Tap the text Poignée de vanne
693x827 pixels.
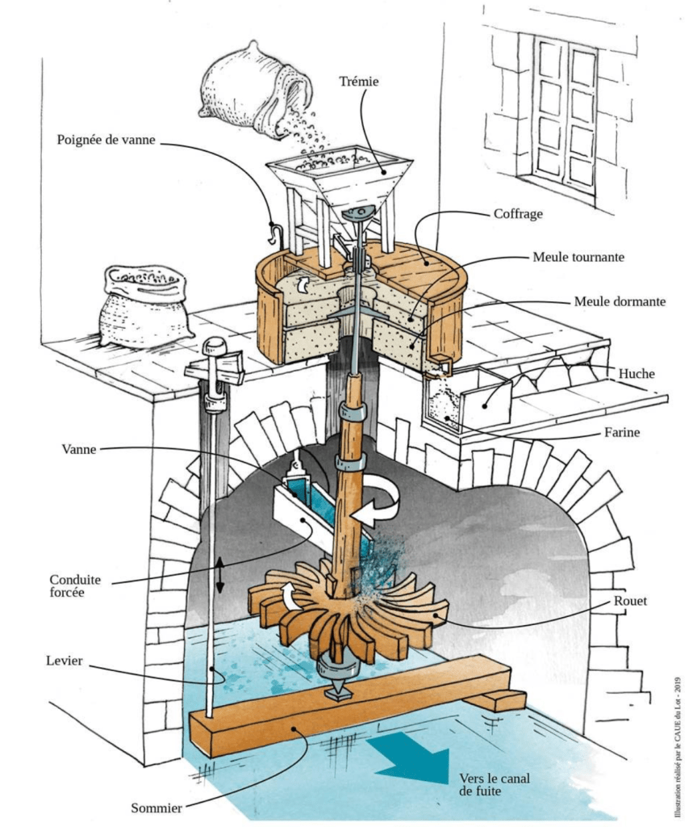pos(106,139)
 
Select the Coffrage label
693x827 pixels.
pos(518,215)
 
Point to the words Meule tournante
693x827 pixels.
pos(578,258)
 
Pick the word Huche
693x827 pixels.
pos(637,373)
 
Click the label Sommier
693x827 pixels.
pos(157,806)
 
